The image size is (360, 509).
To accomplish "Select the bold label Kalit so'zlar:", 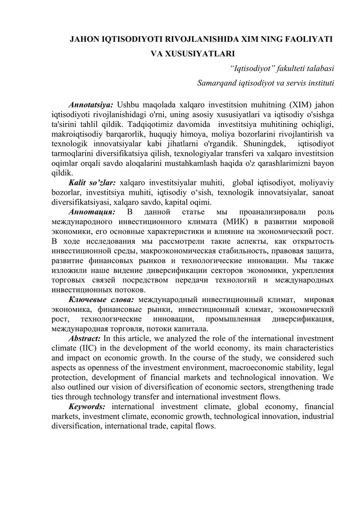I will [92, 183].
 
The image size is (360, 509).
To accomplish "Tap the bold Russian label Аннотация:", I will [91, 212].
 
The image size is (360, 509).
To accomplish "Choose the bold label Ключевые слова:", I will [101, 299].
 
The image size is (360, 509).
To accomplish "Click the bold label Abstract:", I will [85, 338].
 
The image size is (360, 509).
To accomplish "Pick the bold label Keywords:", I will [87, 407].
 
